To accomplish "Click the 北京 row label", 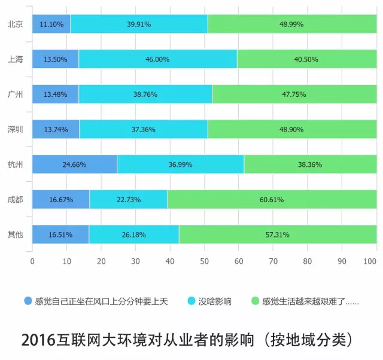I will tap(15, 25).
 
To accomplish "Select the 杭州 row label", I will tap(15, 164).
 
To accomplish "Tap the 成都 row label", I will tap(15, 199).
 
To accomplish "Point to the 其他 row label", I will tap(15, 234).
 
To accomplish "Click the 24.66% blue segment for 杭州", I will tap(74, 164).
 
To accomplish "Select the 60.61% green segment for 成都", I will tap(272, 200).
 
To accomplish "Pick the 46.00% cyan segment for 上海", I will tap(157, 60).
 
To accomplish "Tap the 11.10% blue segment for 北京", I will tap(51, 25).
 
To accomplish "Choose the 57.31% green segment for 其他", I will tap(278, 234).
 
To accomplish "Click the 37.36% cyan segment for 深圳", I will tap(144, 130).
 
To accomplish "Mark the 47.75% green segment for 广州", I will tap(294, 94).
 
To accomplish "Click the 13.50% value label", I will tap(55, 60).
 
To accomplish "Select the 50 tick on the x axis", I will tap(205, 261).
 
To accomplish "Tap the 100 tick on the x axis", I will tap(370, 261).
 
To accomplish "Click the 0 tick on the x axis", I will tap(32, 261).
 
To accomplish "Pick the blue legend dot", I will tap(28, 301).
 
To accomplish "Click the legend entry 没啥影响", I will tap(214, 301).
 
